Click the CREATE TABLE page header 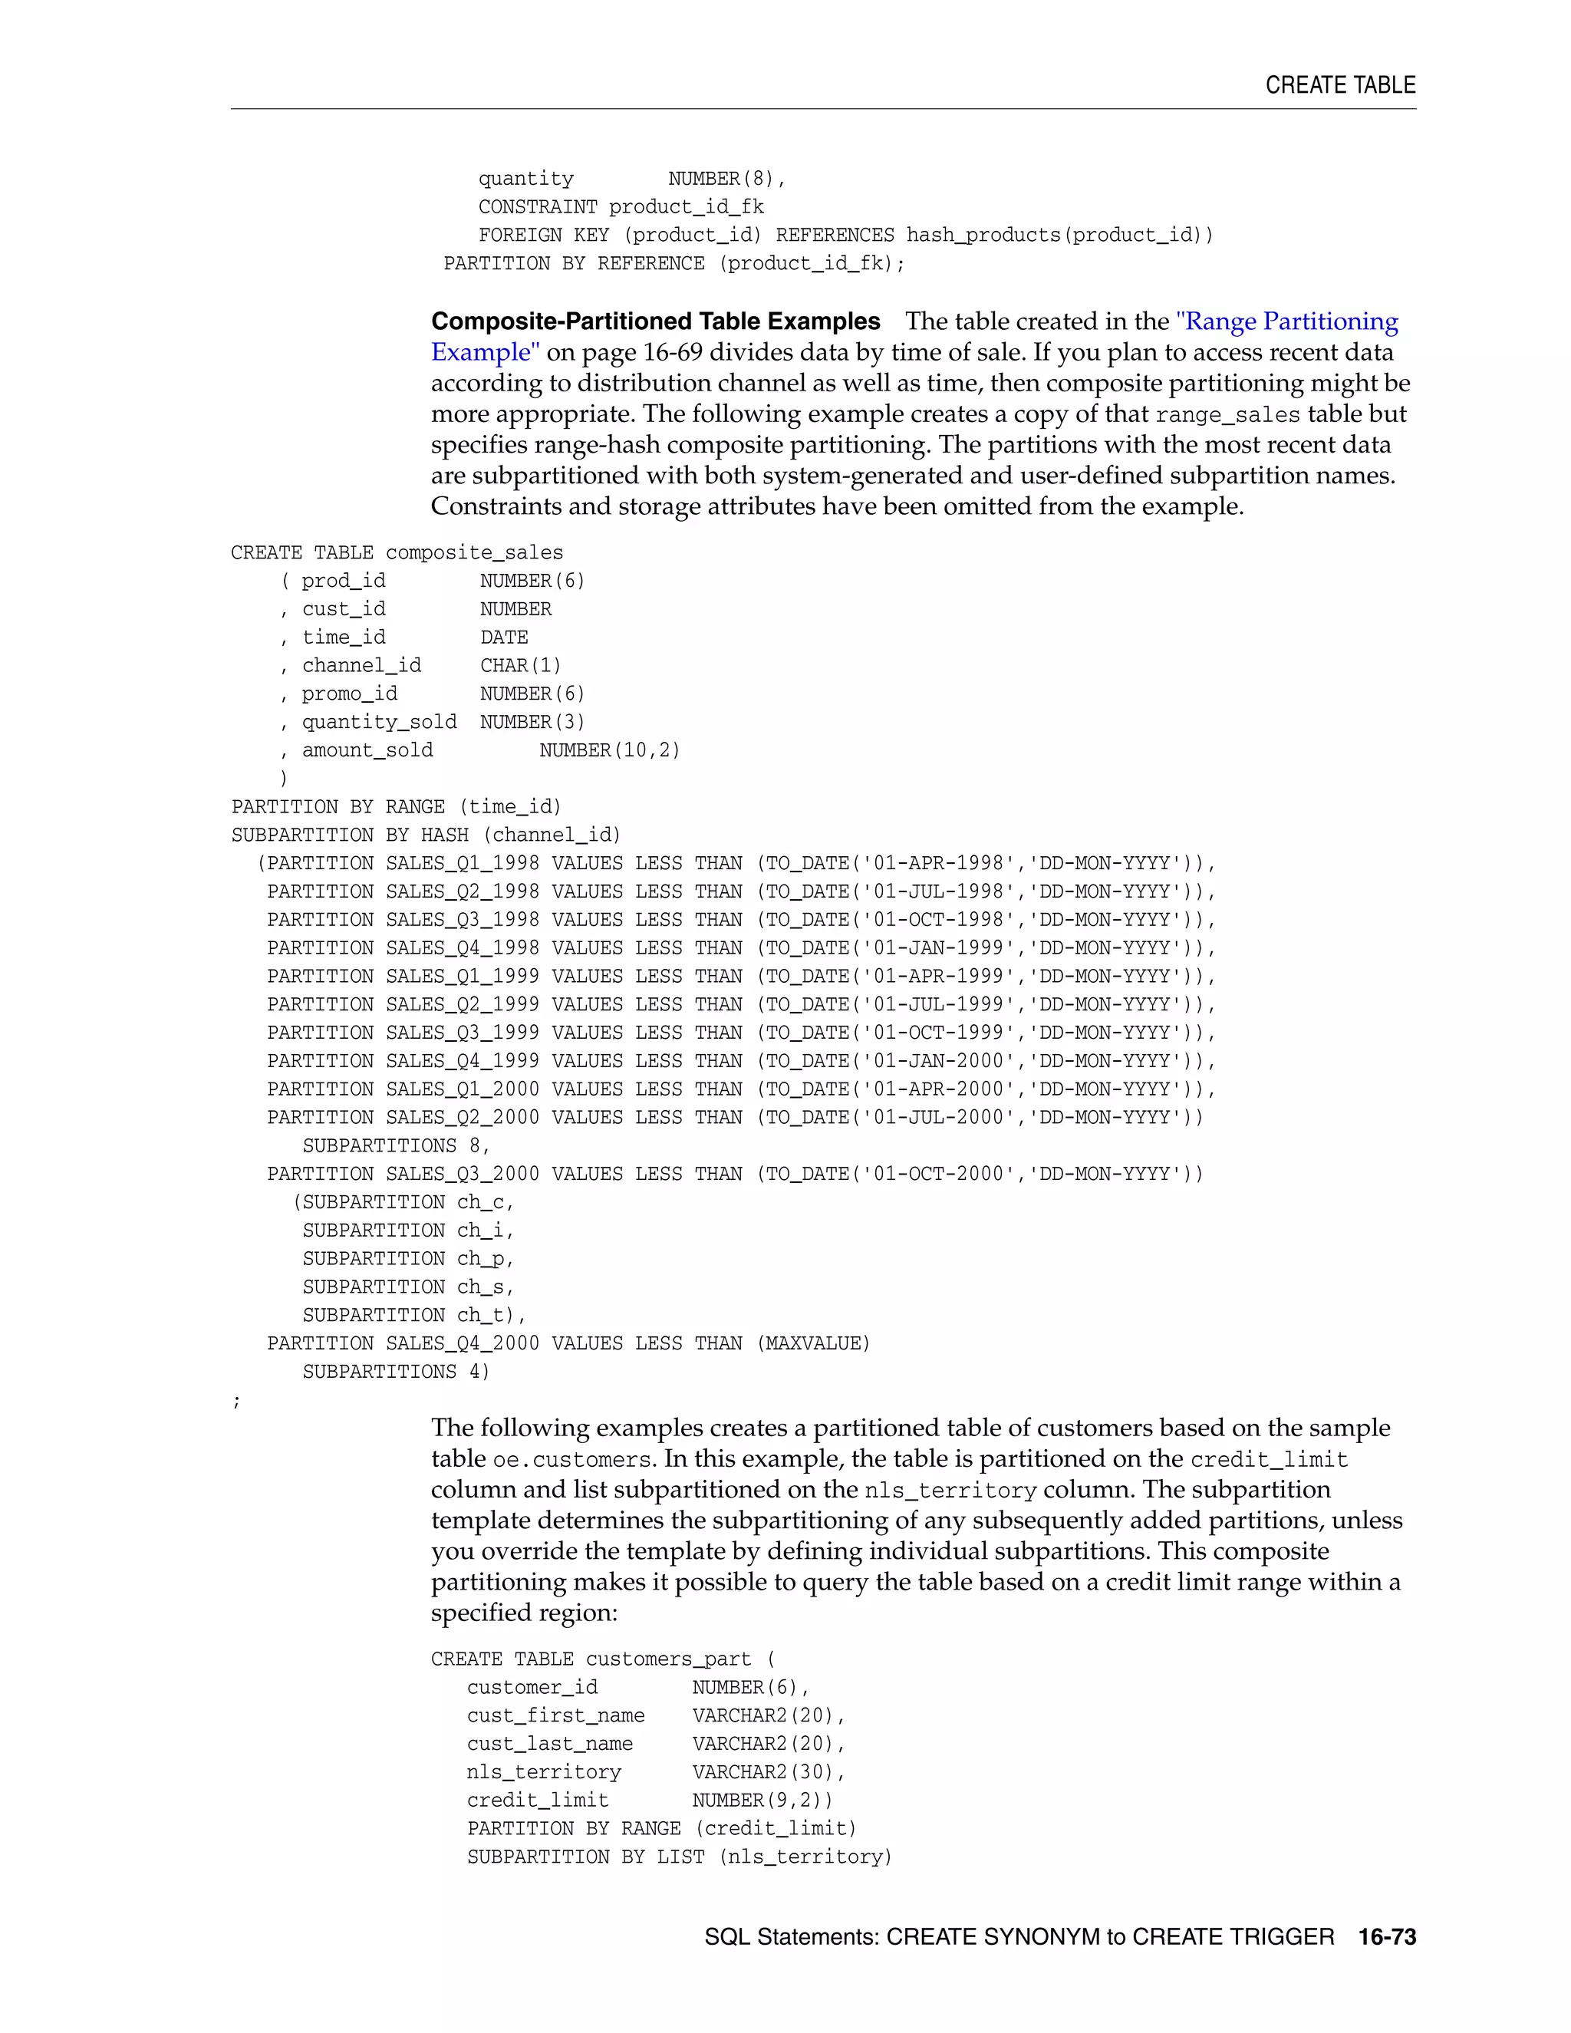point(1339,84)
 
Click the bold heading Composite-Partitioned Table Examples point(655,321)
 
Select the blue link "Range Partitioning point(1287,321)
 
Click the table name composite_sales point(474,552)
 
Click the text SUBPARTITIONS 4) point(396,1371)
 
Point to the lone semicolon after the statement point(236,1401)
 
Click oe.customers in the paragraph point(571,1460)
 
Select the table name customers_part point(667,1659)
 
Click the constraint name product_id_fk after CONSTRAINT point(686,206)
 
